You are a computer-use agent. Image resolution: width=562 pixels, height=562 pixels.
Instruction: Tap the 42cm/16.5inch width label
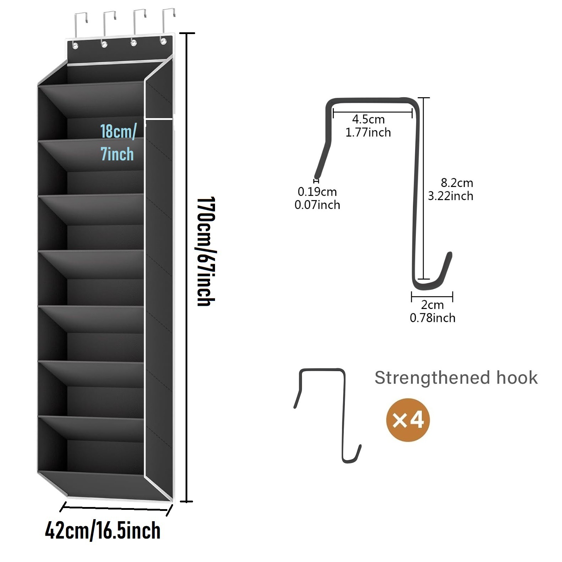tap(103, 531)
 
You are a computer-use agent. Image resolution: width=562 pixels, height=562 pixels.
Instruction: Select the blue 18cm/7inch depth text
tap(118, 142)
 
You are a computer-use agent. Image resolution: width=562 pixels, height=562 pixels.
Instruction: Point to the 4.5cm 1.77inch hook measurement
tap(368, 126)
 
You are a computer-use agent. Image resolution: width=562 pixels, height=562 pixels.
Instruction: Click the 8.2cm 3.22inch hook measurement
tap(451, 189)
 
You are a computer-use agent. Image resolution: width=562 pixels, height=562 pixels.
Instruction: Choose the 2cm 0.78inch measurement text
tap(432, 311)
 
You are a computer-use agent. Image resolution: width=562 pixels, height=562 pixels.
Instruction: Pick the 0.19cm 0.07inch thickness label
tap(317, 198)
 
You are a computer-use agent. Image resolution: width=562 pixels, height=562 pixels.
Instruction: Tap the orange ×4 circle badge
tap(408, 420)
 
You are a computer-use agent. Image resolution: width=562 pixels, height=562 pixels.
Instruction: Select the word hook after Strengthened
tap(517, 378)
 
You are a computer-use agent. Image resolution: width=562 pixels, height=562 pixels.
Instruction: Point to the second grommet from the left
tap(104, 44)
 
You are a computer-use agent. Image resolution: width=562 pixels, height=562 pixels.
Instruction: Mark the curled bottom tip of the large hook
tap(450, 254)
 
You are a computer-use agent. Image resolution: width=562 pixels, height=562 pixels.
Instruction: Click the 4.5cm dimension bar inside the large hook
tap(373, 112)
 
